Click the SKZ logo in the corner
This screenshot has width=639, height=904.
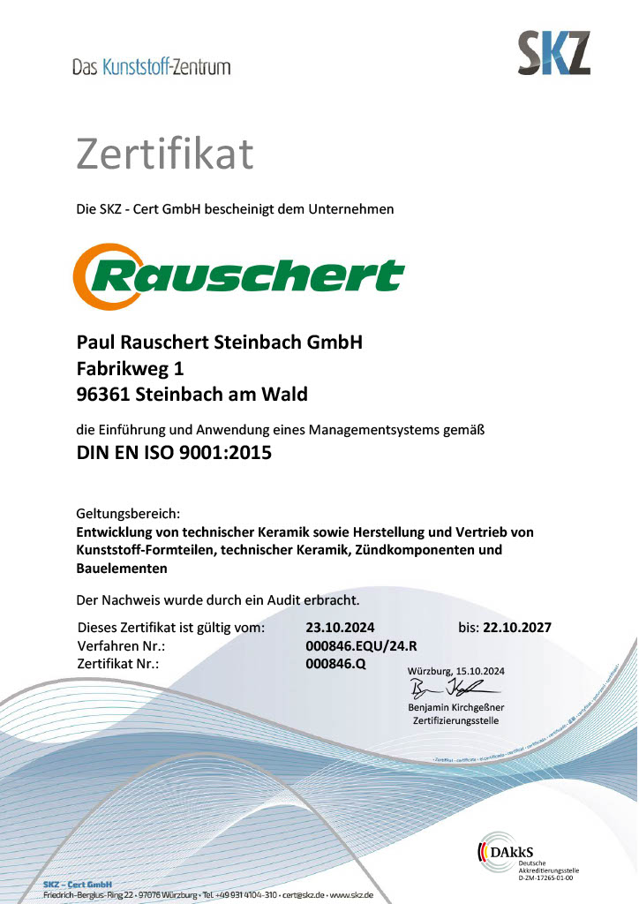pyautogui.click(x=553, y=53)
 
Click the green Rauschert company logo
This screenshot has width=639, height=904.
pyautogui.click(x=238, y=276)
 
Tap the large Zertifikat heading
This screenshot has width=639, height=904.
pyautogui.click(x=165, y=154)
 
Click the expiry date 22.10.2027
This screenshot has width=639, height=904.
pyautogui.click(x=517, y=628)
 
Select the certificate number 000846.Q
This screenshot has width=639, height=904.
pyautogui.click(x=335, y=663)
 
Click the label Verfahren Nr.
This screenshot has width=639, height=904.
pyautogui.click(x=118, y=645)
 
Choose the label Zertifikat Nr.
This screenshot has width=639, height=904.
pyautogui.click(x=118, y=663)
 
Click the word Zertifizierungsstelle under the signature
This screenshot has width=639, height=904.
pyautogui.click(x=455, y=721)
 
